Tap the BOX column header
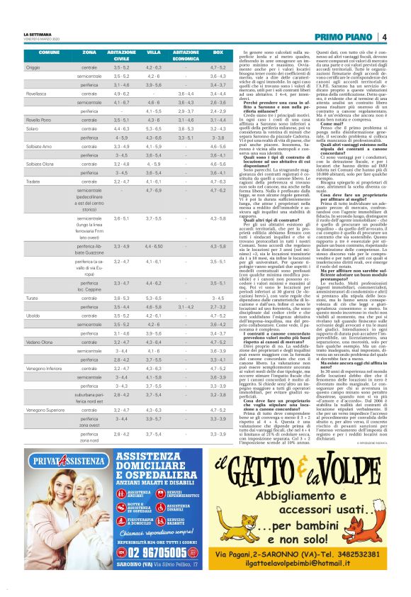tap(198, 54)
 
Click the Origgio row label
tap(33, 67)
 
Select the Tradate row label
tap(33, 181)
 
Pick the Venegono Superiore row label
tap(46, 409)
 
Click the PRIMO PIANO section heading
tap(343, 36)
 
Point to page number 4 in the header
tap(383, 36)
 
